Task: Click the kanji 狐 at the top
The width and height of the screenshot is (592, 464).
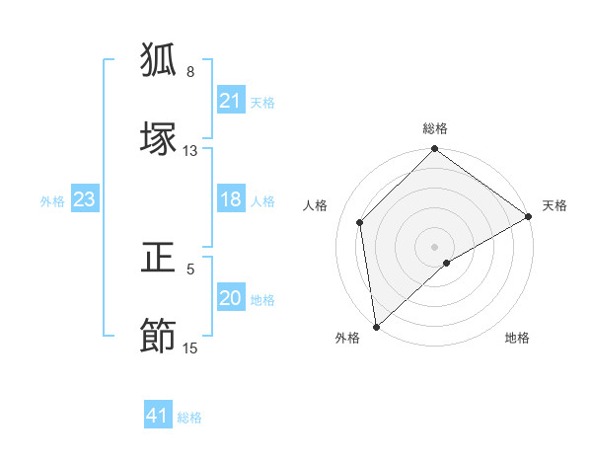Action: coord(160,60)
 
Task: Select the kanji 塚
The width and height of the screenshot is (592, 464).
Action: coord(160,138)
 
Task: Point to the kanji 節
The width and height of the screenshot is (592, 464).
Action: coord(160,336)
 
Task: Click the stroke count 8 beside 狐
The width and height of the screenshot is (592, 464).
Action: coord(190,72)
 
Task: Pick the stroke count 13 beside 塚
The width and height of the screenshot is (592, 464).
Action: coord(190,151)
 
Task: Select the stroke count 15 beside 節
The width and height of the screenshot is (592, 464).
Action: coord(190,348)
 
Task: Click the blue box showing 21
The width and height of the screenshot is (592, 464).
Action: coord(231,101)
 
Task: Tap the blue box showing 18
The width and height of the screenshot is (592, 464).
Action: coord(231,200)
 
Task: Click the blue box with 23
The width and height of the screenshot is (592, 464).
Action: coord(85,200)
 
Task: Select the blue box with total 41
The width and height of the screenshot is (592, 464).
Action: coord(158,417)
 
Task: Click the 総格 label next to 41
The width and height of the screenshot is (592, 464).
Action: coord(189,418)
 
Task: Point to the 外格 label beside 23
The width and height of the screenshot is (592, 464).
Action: coord(52,201)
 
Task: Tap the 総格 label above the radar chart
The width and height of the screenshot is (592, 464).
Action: coord(435,128)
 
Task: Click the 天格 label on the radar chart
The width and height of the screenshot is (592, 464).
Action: coord(555,205)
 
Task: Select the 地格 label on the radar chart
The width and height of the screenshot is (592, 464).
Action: coord(517,338)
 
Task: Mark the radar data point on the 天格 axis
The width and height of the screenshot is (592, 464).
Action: coord(529,218)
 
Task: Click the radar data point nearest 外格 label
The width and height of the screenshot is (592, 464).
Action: coord(376,327)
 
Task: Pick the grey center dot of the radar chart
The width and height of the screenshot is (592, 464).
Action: coord(434,246)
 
